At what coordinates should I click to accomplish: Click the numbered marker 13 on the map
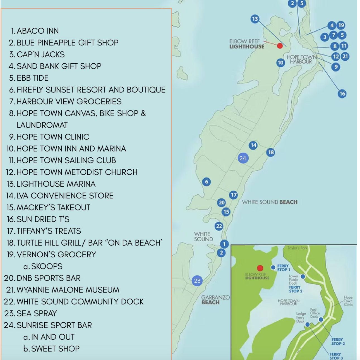tap(255, 19)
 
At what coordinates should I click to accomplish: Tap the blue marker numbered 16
tap(342, 94)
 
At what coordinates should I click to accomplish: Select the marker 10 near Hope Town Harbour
tap(280, 63)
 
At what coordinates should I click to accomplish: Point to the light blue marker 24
tap(243, 158)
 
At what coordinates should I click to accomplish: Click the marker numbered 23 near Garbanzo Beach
tap(197, 281)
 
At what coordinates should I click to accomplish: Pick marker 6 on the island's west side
tap(207, 182)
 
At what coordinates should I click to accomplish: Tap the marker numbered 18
tap(271, 152)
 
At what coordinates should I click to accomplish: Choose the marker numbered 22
tap(219, 226)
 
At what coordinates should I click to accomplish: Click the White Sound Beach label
tap(270, 202)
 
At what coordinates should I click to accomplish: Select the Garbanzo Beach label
tap(215, 300)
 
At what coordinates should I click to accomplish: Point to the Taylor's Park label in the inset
tap(297, 248)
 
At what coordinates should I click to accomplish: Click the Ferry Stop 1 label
tap(284, 268)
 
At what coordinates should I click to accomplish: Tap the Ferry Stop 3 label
tap(336, 356)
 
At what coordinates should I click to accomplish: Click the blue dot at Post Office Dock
tap(321, 320)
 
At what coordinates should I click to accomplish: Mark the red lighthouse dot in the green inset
tap(260, 268)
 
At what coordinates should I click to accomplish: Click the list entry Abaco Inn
tap(38, 31)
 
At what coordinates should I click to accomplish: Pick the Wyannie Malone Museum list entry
tap(68, 290)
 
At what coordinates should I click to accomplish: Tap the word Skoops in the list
tap(47, 267)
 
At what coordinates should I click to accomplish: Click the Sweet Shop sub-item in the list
tap(55, 349)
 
